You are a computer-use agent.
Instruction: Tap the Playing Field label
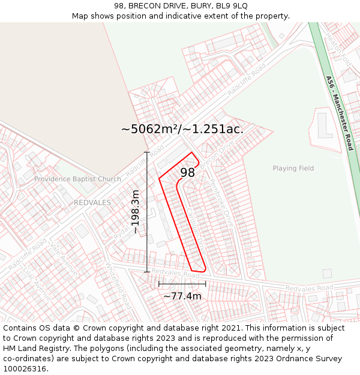293,169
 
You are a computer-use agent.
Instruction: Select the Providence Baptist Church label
77,179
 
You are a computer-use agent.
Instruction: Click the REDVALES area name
92,203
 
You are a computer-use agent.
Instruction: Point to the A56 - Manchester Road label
340,112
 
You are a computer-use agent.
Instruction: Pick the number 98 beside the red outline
187,173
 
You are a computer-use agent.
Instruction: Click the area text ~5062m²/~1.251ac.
182,129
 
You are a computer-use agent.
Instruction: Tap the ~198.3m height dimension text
136,212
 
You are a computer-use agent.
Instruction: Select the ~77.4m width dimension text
182,296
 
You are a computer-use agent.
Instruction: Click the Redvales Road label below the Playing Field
308,289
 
